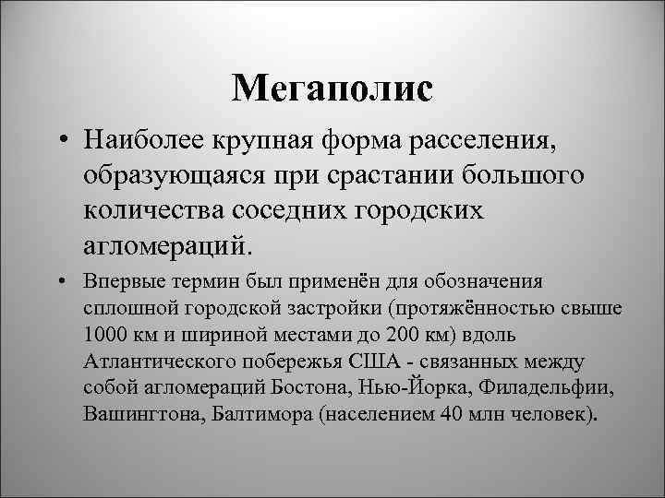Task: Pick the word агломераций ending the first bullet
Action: click(167, 245)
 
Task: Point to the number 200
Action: click(374, 332)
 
